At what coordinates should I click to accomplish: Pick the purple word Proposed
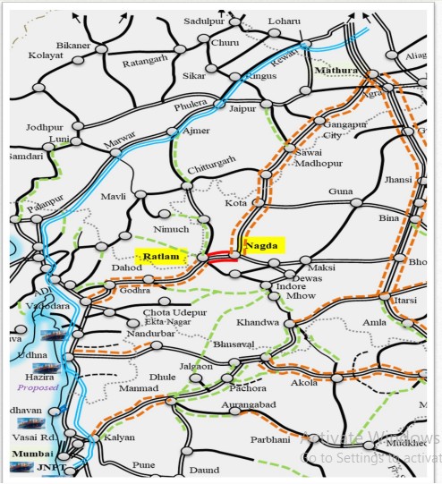pos(37,387)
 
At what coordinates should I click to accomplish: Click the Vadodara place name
pos(48,306)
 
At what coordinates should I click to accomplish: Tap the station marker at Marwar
pos(115,152)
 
